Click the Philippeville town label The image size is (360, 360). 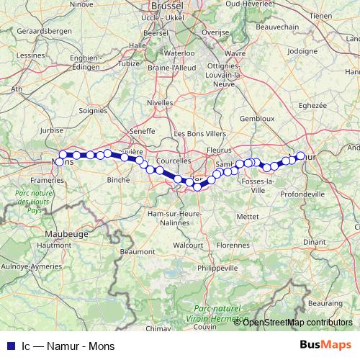point(216,267)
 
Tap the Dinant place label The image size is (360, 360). point(314,243)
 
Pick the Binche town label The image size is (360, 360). point(117,179)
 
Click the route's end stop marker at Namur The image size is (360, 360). point(301,155)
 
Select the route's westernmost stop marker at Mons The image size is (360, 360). point(63,154)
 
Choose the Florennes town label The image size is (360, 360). point(232,245)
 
